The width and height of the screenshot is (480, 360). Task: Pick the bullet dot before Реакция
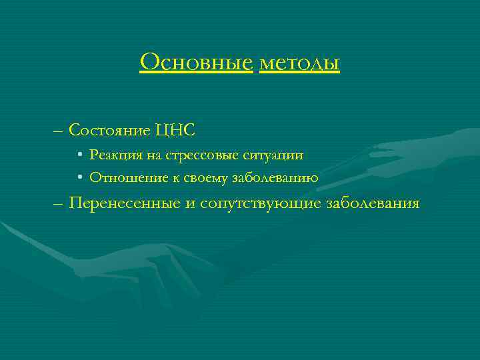click(79, 156)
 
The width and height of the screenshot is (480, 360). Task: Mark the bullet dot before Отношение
click(79, 178)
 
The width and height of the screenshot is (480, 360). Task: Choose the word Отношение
click(122, 178)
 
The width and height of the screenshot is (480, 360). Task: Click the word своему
click(199, 178)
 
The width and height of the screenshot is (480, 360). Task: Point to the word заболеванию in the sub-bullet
click(275, 178)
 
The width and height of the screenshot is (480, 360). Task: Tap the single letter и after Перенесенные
click(188, 204)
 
